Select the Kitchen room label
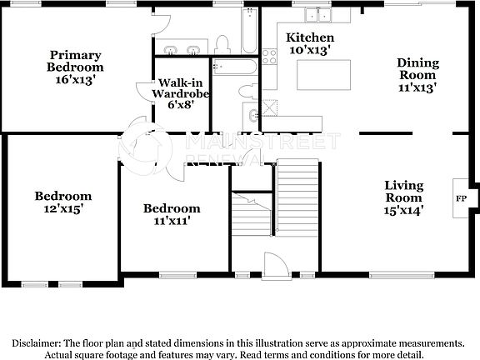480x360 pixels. tap(310, 44)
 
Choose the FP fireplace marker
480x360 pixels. tap(461, 199)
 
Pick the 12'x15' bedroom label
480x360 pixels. tap(63, 202)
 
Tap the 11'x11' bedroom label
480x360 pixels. tap(172, 214)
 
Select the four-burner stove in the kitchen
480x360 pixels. tap(270, 57)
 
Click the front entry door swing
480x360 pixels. tap(274, 264)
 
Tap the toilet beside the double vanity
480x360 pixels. tap(222, 43)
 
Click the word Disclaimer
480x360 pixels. tap(36, 342)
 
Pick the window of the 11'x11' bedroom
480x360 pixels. tap(176, 273)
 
